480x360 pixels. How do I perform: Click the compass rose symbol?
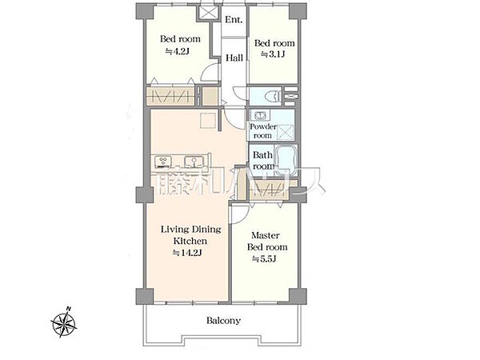coord(64,322)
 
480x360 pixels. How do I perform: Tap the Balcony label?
coord(223,321)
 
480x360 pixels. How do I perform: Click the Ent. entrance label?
coord(234,20)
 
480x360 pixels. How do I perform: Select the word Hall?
coord(234,58)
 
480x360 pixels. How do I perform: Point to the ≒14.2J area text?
coord(187,253)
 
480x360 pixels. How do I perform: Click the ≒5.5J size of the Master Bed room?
coord(264,259)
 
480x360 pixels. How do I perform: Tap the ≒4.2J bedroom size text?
coord(178,51)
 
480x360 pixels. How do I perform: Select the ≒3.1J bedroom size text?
coord(273,54)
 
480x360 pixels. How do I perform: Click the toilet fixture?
coord(274,96)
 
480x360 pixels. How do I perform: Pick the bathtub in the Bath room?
coord(286,161)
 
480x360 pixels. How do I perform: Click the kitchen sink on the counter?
coord(194,161)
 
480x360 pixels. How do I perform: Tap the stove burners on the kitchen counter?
coord(163,162)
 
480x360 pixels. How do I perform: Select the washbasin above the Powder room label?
coord(260,116)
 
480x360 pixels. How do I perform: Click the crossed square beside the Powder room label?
coord(286,133)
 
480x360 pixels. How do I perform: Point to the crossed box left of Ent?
coord(208,12)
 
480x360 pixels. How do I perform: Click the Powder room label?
coord(262,131)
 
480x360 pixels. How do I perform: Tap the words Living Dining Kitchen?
coord(190,235)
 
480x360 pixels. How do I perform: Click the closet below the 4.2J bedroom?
coord(171,96)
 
